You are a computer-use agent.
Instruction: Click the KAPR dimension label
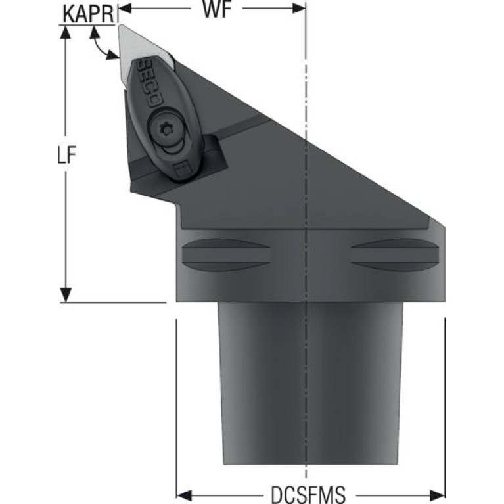point(89,14)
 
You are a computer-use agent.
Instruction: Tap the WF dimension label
point(217,9)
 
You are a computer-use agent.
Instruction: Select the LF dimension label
point(67,154)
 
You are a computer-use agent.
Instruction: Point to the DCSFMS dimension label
point(308,493)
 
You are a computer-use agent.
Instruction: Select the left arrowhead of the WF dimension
point(125,9)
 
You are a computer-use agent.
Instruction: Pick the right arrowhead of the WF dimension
point(298,9)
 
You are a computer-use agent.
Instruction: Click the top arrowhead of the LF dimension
point(66,32)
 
